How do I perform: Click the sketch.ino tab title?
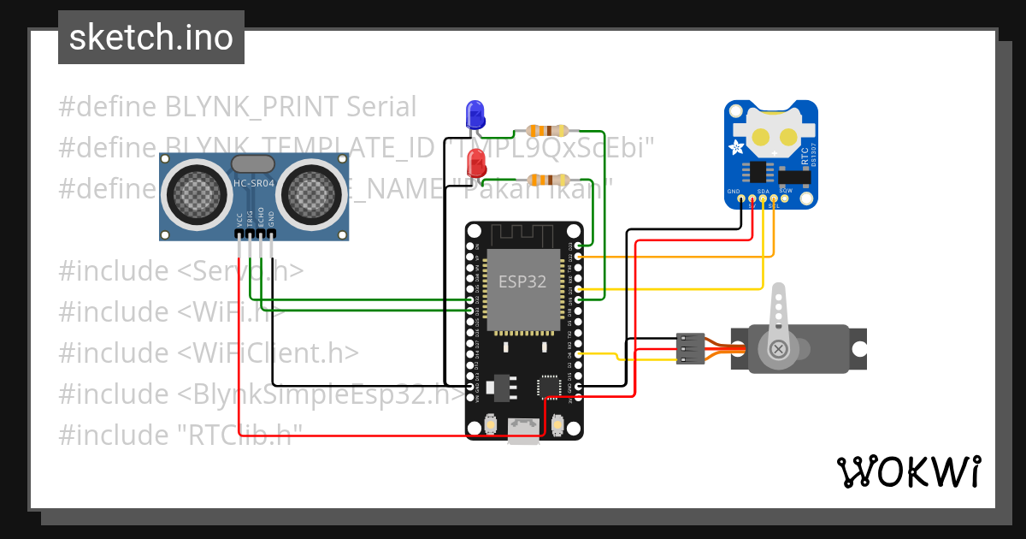(150, 38)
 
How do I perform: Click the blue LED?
(474, 114)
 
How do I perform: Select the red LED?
(474, 161)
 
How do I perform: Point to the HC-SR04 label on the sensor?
(253, 183)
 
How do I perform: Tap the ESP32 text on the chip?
(522, 281)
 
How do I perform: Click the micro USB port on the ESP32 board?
(523, 429)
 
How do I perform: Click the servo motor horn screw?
(779, 348)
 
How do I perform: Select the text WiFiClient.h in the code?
(270, 352)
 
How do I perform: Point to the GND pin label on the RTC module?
(734, 191)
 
